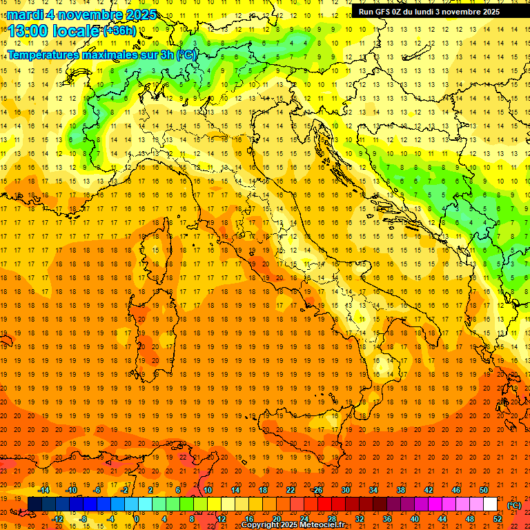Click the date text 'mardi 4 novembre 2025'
81,14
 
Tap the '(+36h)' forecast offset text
119,31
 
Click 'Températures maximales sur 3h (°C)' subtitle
101,54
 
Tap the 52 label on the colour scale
498,518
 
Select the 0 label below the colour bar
137,518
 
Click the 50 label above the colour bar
484,490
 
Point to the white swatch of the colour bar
490,504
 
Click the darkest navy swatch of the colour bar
35,504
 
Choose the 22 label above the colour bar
291,490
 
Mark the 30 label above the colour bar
346,490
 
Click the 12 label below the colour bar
222,518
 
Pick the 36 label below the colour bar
387,518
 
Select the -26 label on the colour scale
317,490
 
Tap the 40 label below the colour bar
415,518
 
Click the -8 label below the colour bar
84,518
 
